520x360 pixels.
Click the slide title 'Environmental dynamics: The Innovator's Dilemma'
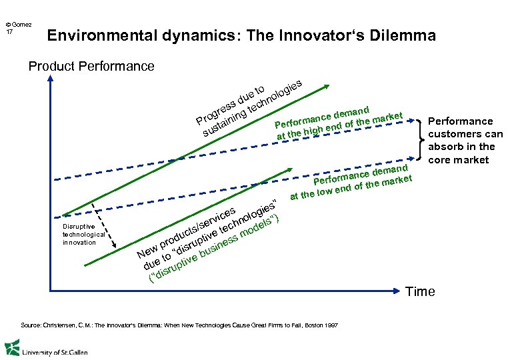coord(241,35)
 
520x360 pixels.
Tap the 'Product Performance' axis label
coord(91,66)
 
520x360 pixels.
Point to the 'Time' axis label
coord(420,291)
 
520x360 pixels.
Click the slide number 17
coord(9,31)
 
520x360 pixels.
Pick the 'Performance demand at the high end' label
coord(340,123)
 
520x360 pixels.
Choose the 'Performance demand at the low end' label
coord(354,181)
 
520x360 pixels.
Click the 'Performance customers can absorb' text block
coord(465,140)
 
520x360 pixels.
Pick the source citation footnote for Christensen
coord(180,325)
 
